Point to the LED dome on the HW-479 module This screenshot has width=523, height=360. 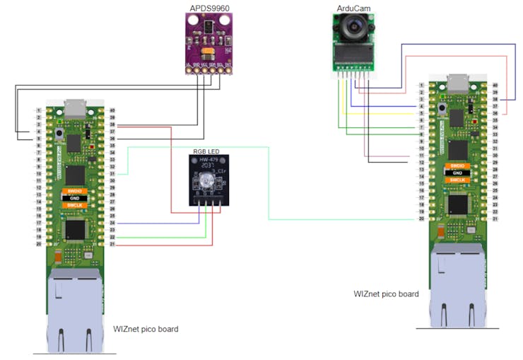[206, 183]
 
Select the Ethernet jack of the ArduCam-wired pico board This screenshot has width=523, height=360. [457, 283]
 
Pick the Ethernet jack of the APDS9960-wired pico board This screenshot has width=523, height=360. [74, 311]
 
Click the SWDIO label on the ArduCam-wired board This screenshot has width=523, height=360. [457, 166]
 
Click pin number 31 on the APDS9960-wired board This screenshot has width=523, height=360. [112, 173]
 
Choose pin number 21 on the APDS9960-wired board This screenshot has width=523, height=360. [112, 245]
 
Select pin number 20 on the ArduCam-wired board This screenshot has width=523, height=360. [421, 219]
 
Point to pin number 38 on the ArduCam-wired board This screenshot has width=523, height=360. [495, 99]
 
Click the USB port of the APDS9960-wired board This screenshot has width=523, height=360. [74, 108]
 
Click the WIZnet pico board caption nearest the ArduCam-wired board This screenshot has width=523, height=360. [386, 294]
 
